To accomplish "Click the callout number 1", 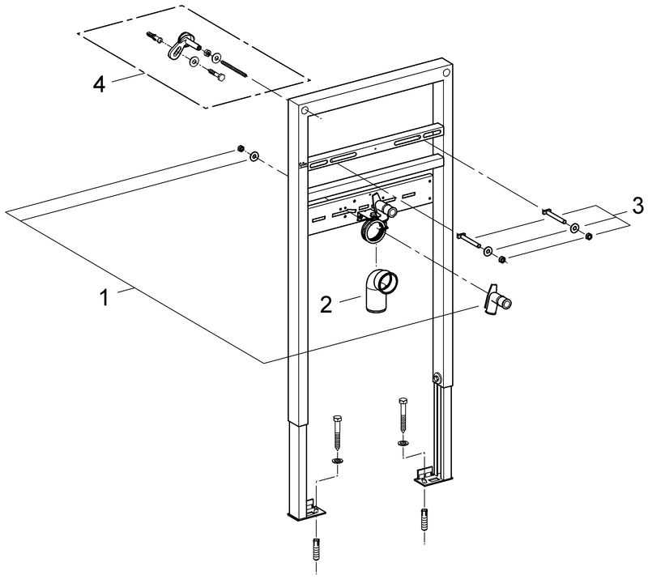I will tap(104, 298).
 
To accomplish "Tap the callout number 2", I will tap(326, 304).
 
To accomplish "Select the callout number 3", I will tap(638, 202).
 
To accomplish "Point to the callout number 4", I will tap(99, 84).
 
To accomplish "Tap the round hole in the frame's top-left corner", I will tap(305, 110).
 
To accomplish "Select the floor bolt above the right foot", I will tap(403, 417).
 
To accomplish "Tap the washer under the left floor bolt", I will tap(337, 460).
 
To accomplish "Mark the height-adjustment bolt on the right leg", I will tap(437, 377).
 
